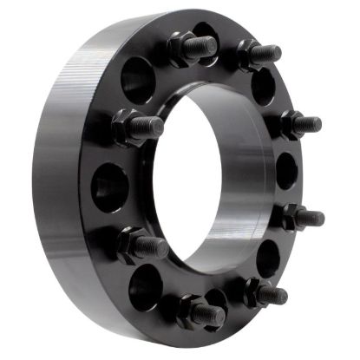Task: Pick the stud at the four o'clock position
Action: click(x=302, y=217)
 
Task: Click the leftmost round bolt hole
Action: click(x=110, y=186)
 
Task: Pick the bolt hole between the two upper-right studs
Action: click(x=264, y=87)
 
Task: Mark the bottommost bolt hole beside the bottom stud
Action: click(x=214, y=299)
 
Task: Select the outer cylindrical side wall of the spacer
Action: click(x=65, y=173)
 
